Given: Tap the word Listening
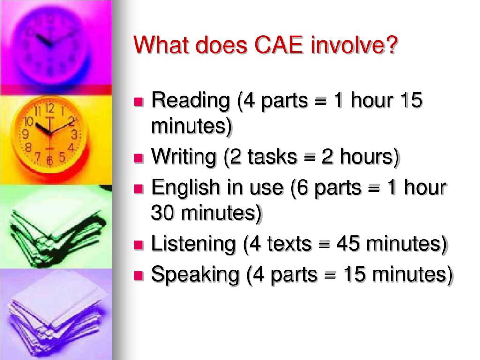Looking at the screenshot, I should point(193,244).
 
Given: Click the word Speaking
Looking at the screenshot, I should point(195,274).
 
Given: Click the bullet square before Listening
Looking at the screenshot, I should point(139,245).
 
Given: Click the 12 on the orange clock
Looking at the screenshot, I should point(50,109).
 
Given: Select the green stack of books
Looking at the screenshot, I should point(54,225).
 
